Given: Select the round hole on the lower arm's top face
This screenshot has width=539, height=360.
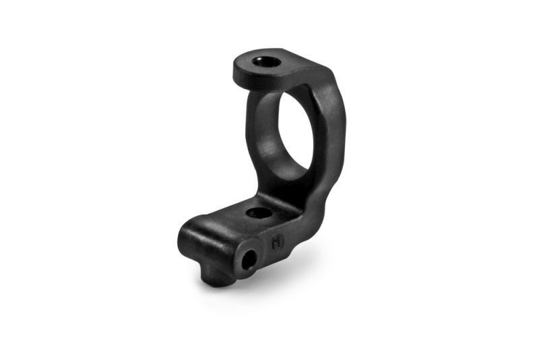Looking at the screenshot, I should pyautogui.click(x=258, y=214).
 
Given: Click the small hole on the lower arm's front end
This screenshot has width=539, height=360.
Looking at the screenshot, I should pyautogui.click(x=249, y=258).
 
